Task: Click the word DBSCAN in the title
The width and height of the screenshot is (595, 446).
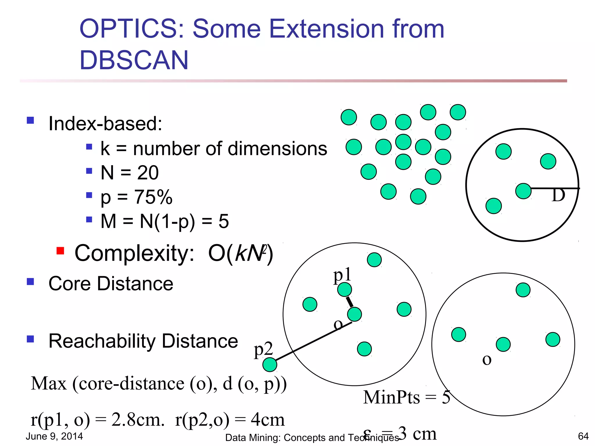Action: pos(134,60)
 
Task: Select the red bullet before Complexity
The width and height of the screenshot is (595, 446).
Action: pos(60,251)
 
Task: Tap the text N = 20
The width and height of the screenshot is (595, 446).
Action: pos(129,173)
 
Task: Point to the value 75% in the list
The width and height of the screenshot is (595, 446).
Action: pos(153,197)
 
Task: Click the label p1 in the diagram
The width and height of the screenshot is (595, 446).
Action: pos(342,275)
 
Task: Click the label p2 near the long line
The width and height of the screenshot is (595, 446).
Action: pos(263,349)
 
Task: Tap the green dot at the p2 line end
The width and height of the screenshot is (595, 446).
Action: pos(270,365)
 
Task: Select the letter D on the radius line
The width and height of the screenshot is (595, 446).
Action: pos(558,195)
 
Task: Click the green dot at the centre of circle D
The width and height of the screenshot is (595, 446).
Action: pos(523,191)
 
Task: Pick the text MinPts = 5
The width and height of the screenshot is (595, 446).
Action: pos(406,397)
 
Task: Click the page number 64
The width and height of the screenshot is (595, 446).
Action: pos(583,436)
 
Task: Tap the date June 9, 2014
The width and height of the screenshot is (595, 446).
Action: pos(54,436)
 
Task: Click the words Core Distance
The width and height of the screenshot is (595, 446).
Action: pos(111,284)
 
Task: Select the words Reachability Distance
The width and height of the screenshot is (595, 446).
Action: pos(143,341)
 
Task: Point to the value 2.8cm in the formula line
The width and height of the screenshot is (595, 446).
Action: pos(137,420)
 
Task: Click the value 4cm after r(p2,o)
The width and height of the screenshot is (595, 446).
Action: pos(268,420)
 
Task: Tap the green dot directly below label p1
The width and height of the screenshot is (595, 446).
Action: pos(345,289)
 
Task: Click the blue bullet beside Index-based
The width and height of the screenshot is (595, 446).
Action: pos(30,120)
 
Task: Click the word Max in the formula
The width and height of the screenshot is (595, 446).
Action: pos(49,384)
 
